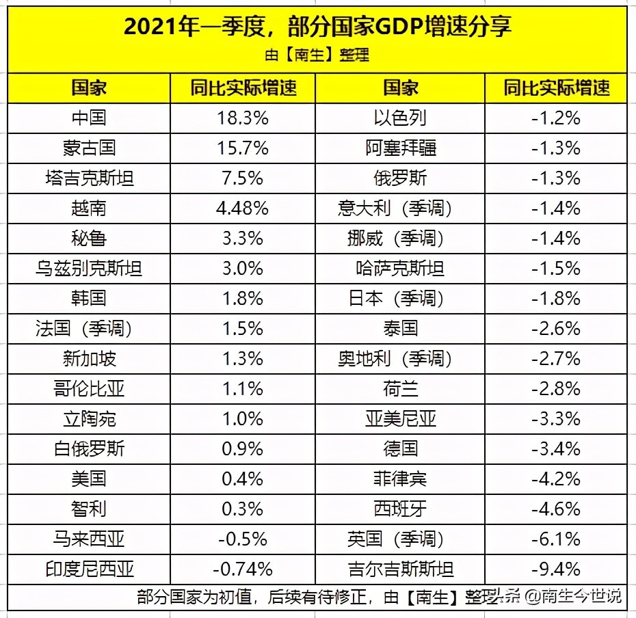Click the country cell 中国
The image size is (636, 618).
coord(89,118)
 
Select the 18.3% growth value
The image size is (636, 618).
coord(242,118)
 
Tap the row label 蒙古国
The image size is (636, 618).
coord(89,148)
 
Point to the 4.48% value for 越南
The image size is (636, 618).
coord(242,208)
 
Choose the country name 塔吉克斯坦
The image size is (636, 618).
coord(89,178)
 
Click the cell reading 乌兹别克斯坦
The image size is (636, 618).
coord(89,268)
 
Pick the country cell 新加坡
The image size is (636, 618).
coord(89,358)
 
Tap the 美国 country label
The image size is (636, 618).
coord(89,479)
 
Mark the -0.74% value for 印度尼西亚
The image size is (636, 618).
coord(242,569)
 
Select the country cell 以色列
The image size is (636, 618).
coord(400,118)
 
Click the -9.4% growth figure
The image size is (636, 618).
coord(555,569)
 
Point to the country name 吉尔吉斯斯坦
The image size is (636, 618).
coord(400,569)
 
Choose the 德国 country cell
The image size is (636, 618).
coord(400,448)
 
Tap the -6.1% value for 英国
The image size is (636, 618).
coord(555,539)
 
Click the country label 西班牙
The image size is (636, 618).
coord(400,509)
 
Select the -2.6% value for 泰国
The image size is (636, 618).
coord(555,328)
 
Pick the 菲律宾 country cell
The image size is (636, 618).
coord(400,479)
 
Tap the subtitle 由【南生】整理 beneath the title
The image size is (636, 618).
coord(317,55)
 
